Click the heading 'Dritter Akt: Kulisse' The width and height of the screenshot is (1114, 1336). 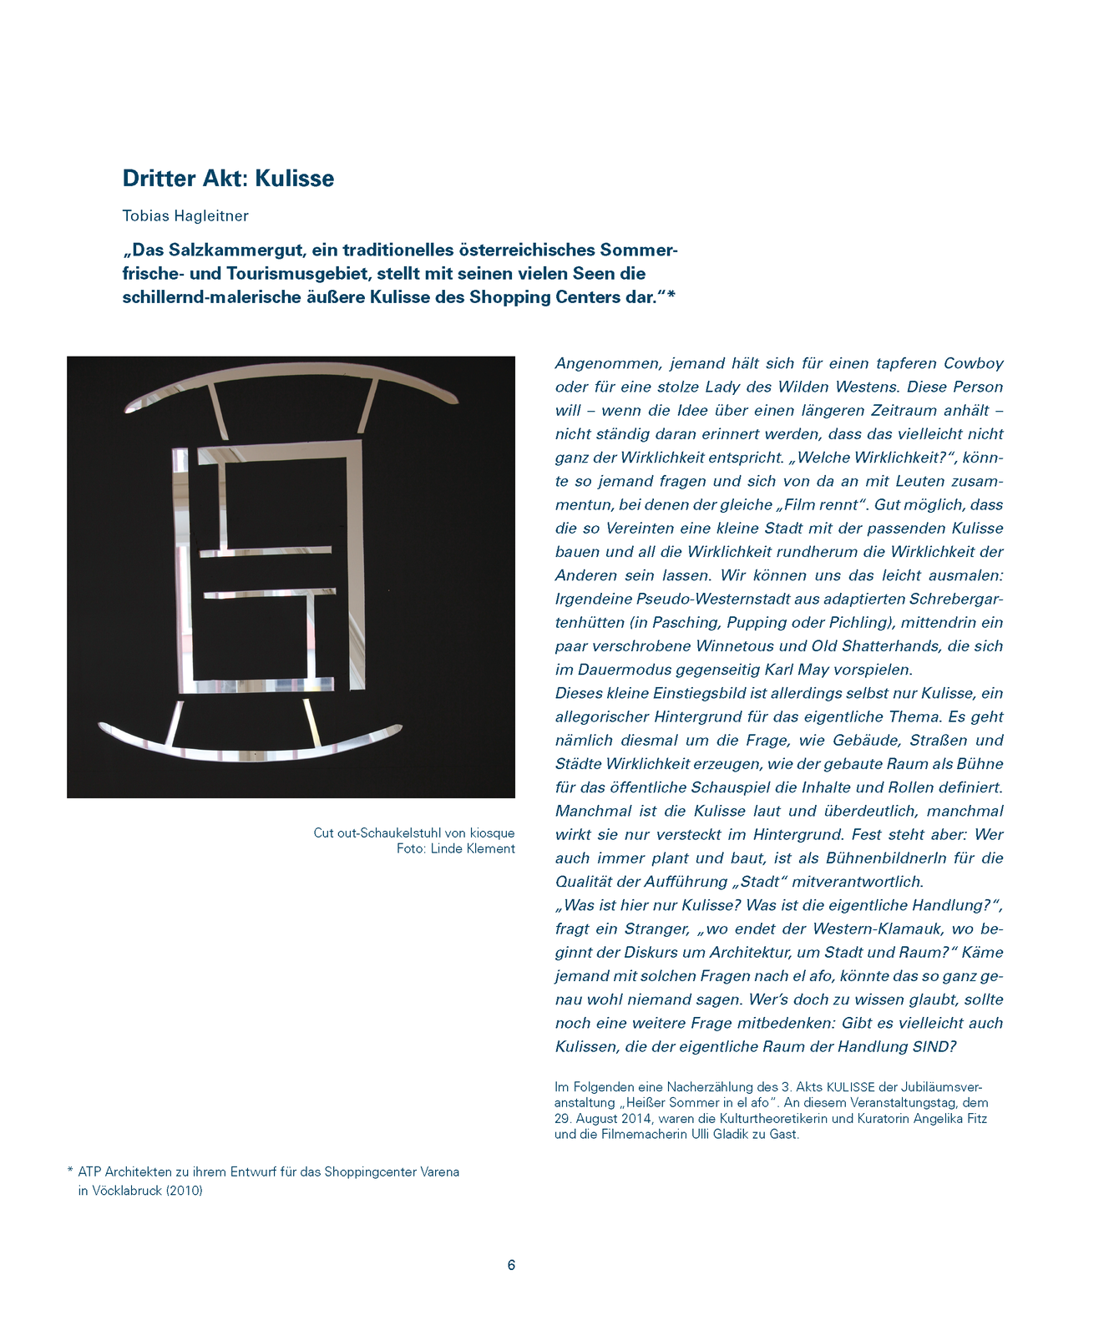pos(228,179)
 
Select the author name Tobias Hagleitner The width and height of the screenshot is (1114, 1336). pos(185,216)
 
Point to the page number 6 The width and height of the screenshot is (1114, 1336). pos(511,1265)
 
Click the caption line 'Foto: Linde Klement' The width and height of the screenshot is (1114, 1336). pos(455,849)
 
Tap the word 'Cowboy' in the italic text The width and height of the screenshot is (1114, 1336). pos(973,363)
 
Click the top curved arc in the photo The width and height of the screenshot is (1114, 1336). pos(292,372)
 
